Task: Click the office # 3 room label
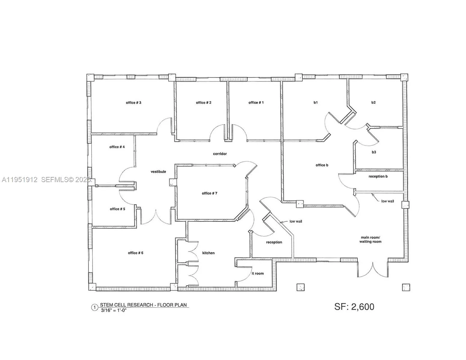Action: point(134,103)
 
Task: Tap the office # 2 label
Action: point(204,103)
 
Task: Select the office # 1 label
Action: point(256,103)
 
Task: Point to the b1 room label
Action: point(316,103)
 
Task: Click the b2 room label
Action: point(374,103)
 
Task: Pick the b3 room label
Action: point(374,152)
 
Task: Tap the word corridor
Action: point(220,154)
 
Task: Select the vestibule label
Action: point(158,172)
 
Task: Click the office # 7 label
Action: point(210,193)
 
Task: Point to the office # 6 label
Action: point(135,253)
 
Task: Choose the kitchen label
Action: point(208,253)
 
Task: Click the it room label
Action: point(258,273)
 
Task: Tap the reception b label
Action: point(378,176)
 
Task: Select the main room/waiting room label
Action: point(371,239)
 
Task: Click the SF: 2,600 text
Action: point(354,307)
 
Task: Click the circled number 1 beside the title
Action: point(95,307)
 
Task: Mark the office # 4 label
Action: point(117,147)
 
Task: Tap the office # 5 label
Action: point(117,209)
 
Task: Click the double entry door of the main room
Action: point(373,268)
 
